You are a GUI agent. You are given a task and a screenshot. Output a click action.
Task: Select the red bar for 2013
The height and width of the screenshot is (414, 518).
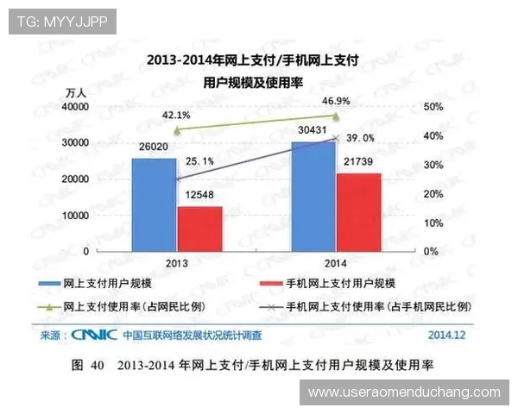point(199,228)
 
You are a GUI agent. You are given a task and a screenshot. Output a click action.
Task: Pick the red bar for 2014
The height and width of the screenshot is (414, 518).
point(359,211)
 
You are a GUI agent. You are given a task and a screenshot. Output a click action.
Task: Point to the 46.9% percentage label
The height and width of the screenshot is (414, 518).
point(336,100)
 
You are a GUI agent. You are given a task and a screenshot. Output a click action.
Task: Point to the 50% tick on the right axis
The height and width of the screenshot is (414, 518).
point(434,106)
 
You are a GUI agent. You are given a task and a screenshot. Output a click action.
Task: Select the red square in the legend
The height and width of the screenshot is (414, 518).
point(271,283)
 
